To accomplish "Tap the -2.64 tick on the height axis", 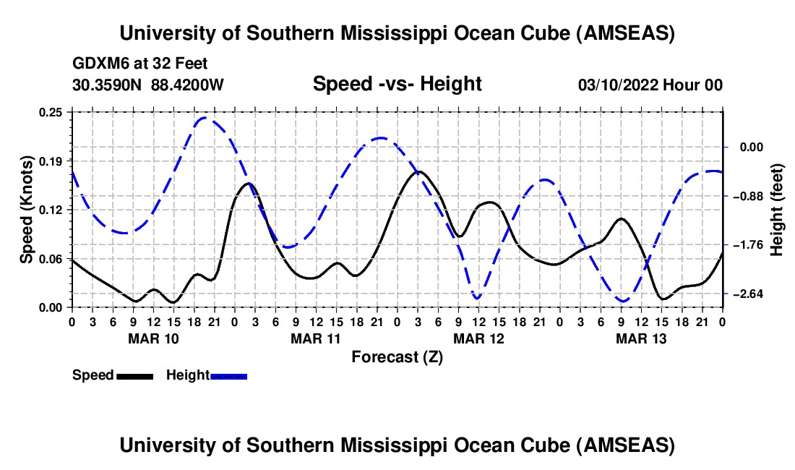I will point(746,294).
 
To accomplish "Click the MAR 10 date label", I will point(153,338).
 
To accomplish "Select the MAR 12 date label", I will point(478,338).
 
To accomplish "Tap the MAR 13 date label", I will point(641,338).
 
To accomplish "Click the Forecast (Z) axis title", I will point(397,356).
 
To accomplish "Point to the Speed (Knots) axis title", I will point(27,210).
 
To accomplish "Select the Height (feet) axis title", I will point(777,210).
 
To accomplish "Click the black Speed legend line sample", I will point(134,375).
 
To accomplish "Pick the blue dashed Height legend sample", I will point(229,375).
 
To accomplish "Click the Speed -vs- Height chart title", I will point(397,84).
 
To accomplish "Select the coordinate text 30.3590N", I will point(108,85).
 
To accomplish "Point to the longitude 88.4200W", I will point(187,85).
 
